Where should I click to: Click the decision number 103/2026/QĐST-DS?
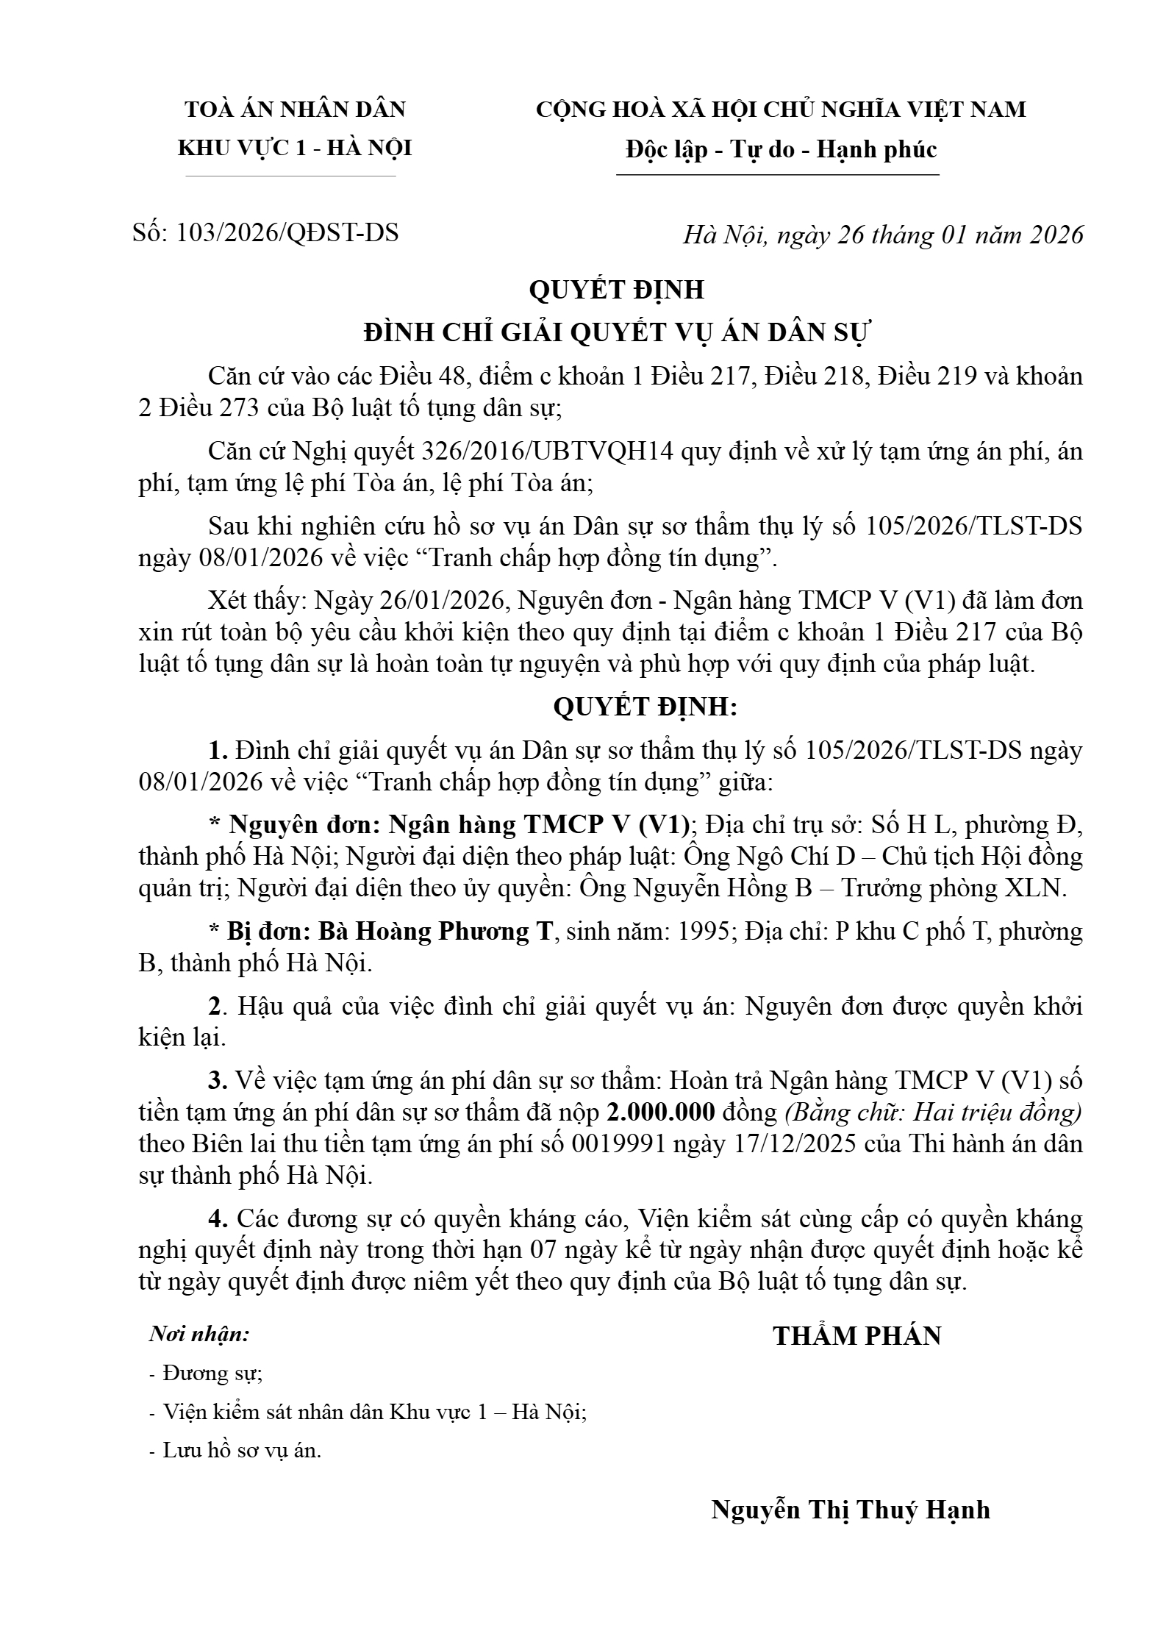[x=287, y=233]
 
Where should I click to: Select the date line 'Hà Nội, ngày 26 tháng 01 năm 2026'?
[x=883, y=235]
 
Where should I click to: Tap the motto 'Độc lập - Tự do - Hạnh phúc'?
[x=781, y=150]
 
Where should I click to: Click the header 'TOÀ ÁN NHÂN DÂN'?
[x=295, y=110]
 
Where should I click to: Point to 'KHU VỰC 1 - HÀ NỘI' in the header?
[x=295, y=149]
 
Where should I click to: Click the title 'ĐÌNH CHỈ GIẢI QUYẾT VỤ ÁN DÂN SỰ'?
[x=616, y=333]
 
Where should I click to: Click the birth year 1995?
[x=704, y=932]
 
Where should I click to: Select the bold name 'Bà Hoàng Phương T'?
[x=434, y=932]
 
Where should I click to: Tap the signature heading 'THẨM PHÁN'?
[x=856, y=1336]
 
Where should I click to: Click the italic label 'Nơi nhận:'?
[x=199, y=1334]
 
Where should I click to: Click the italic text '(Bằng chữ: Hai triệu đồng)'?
[x=933, y=1112]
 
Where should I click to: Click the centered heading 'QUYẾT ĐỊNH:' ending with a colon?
[x=645, y=707]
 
